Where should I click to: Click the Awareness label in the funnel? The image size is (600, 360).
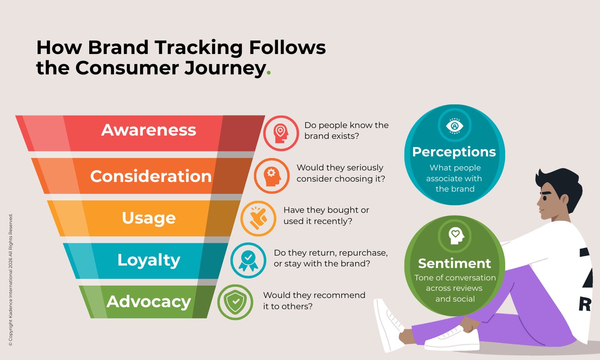(148, 130)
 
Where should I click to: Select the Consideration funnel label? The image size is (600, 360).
(151, 176)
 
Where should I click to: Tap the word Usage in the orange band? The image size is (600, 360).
(148, 218)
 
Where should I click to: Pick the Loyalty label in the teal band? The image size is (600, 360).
(148, 260)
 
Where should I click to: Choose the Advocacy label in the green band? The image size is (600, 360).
(148, 302)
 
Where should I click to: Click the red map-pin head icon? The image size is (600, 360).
(281, 133)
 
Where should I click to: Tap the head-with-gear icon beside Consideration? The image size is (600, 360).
(272, 176)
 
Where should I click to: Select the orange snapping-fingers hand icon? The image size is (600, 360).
(258, 218)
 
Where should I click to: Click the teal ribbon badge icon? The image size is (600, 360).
(248, 260)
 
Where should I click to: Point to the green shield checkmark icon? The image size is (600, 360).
(235, 302)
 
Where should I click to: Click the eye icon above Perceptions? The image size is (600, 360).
(454, 126)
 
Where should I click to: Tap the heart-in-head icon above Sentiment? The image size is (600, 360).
(455, 235)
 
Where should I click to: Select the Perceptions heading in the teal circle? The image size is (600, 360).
(454, 152)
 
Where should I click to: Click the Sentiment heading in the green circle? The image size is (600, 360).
(454, 263)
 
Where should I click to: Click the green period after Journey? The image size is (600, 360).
(269, 73)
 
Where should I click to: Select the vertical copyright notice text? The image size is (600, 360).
(11, 280)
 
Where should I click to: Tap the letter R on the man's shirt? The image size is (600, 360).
(584, 304)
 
